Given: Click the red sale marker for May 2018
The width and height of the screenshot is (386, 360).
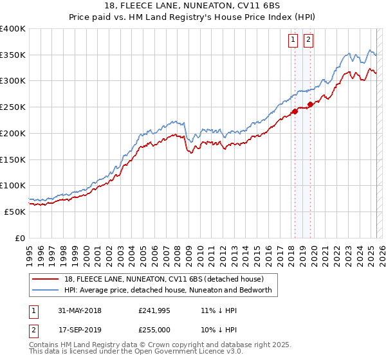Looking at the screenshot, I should click(x=295, y=111).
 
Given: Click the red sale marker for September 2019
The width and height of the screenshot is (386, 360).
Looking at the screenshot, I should click(x=310, y=104).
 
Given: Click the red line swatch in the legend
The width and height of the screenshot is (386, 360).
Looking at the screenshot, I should click(x=46, y=279).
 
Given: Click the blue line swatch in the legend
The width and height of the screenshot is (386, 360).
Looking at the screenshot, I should click(x=46, y=290).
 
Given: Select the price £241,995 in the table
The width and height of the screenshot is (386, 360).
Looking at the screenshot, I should click(x=153, y=310).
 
